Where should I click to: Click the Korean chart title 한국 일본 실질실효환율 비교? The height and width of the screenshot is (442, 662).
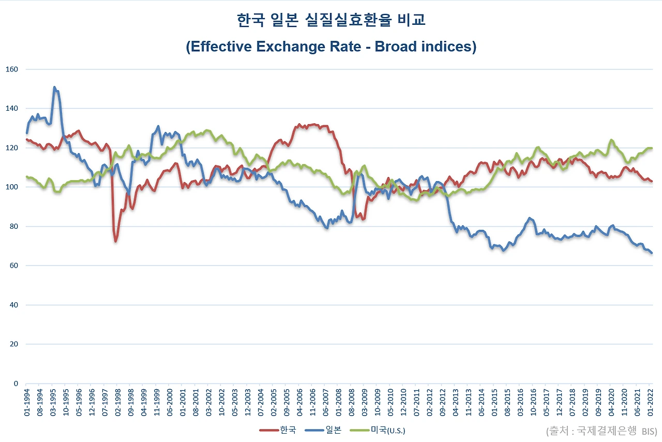pos(331,20)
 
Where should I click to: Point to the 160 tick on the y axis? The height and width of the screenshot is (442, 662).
pos(12,69)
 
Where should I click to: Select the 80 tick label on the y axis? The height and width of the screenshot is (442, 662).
pos(14,226)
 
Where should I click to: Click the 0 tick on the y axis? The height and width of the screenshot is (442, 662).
pos(16,384)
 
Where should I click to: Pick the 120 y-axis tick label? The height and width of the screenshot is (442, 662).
pos(12,148)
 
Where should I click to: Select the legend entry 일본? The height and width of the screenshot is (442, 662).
pos(323,430)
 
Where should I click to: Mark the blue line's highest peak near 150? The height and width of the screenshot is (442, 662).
pos(54,87)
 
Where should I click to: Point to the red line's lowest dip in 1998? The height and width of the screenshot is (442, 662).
pos(116,241)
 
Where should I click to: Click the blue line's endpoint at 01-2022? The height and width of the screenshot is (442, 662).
pos(652,253)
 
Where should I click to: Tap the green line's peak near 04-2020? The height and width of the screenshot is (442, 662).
pos(611,140)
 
